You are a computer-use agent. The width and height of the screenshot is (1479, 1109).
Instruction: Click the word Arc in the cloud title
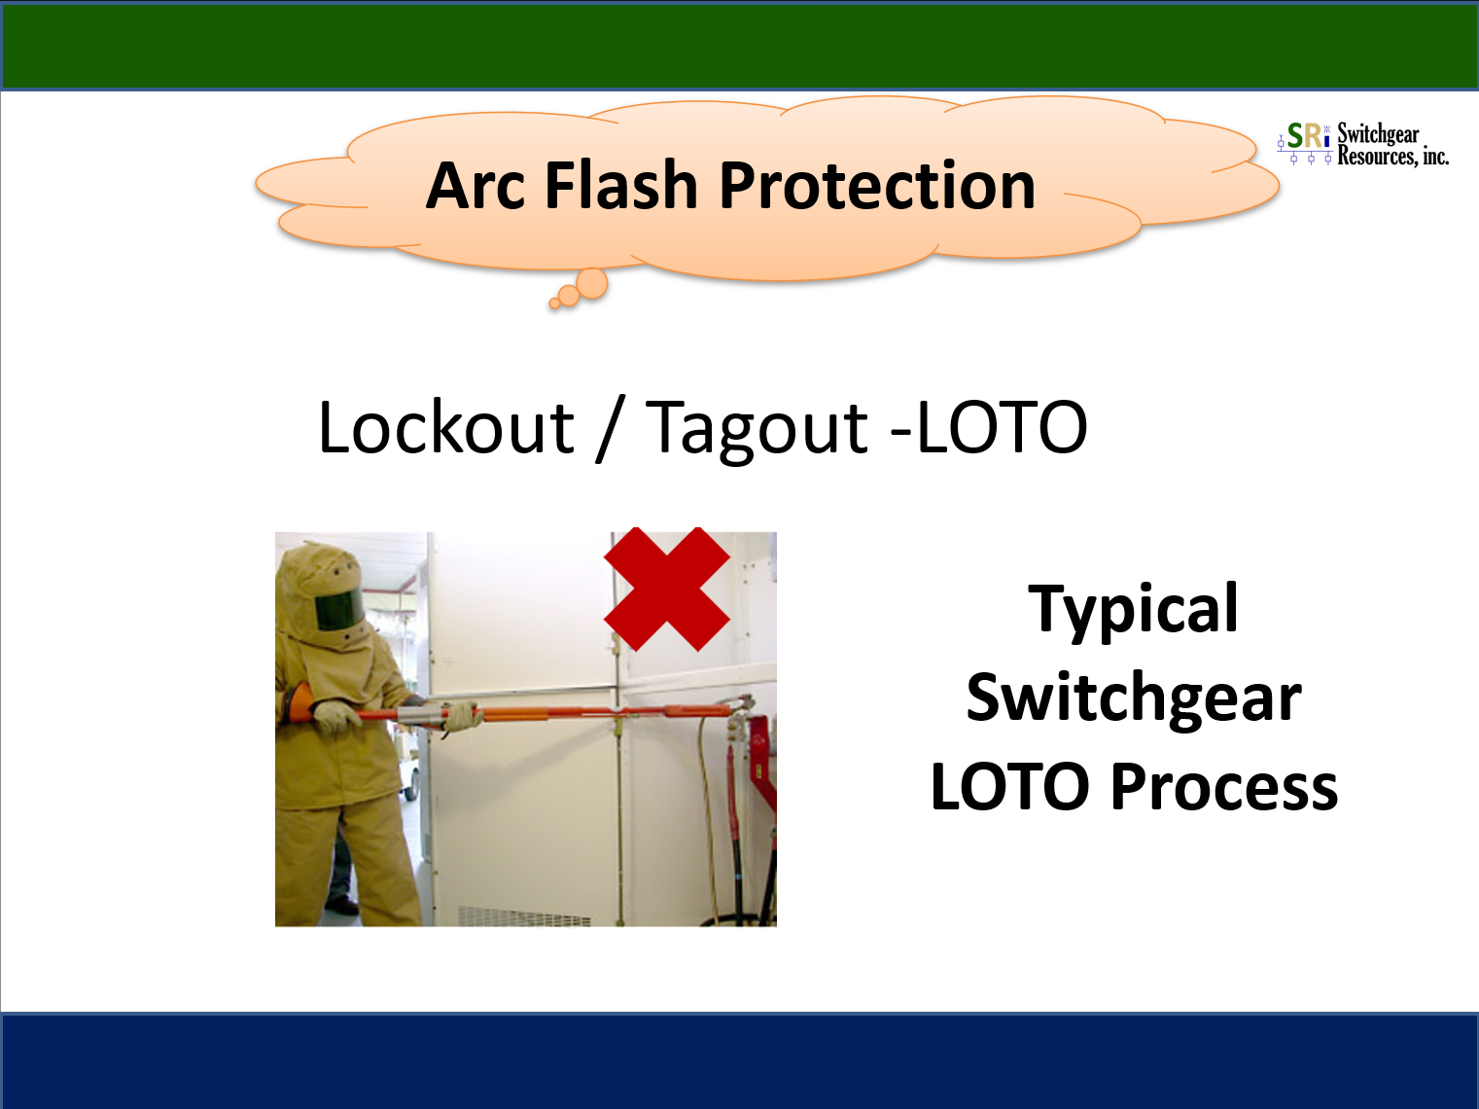tap(475, 186)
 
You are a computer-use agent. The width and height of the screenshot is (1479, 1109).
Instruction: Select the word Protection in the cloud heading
tap(877, 186)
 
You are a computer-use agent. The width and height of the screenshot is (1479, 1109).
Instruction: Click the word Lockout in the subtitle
tap(445, 427)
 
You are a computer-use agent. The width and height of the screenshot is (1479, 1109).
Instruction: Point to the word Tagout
tap(756, 429)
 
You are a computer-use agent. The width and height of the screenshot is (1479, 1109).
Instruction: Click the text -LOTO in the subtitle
tap(989, 427)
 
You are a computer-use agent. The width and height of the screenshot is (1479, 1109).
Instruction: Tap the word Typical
tap(1133, 609)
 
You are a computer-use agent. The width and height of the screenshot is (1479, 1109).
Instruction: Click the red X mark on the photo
tap(666, 590)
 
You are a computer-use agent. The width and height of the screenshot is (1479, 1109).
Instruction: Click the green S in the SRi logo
tap(1295, 136)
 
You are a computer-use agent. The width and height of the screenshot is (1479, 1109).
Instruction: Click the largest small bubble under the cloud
tap(591, 283)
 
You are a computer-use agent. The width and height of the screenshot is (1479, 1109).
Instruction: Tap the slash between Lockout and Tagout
tap(610, 429)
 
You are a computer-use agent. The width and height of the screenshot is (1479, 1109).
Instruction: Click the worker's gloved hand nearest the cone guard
tap(335, 717)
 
